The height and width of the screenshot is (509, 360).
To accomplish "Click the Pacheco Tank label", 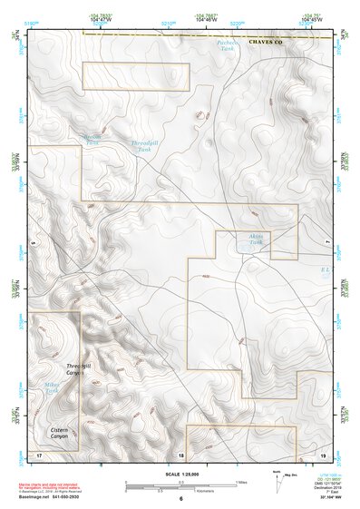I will [x=227, y=46].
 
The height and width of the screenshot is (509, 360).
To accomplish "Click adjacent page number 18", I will [x=180, y=454].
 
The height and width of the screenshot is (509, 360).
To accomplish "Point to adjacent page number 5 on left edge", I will [x=32, y=244].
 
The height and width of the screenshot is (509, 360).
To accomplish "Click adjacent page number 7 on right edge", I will [x=328, y=244].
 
